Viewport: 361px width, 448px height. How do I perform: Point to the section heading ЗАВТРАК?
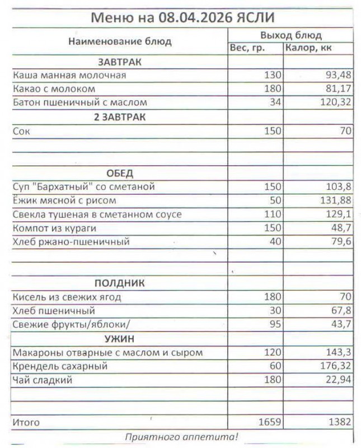120,62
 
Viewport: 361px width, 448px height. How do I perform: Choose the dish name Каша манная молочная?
69,75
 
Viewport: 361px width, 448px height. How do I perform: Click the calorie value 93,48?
338,75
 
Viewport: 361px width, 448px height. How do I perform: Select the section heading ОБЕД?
120,173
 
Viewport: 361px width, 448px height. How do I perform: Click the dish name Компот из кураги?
54,228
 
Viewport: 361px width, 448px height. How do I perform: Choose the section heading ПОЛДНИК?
120,283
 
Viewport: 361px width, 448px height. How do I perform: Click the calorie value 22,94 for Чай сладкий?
338,381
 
